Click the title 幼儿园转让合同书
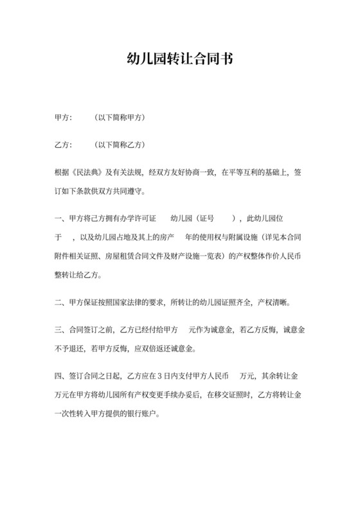click(x=180, y=59)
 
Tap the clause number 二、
click(x=60, y=302)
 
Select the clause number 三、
click(x=60, y=330)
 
